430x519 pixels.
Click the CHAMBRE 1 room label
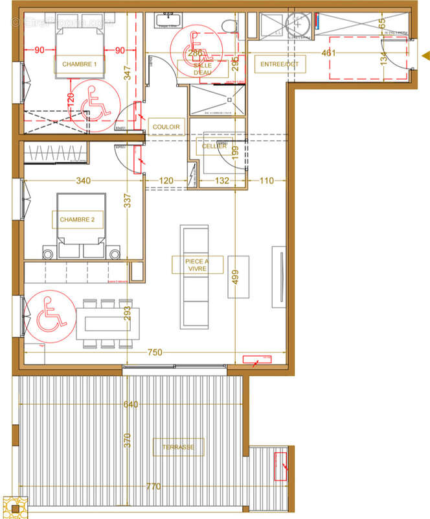(x=80, y=64)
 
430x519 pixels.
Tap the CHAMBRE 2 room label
(x=77, y=220)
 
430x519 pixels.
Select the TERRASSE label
(x=178, y=446)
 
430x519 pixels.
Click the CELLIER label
(x=214, y=146)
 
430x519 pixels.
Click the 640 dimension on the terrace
(x=131, y=405)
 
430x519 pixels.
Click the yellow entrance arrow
(x=424, y=54)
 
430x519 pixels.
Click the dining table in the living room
(x=109, y=322)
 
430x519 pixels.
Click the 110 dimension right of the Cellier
(x=266, y=181)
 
